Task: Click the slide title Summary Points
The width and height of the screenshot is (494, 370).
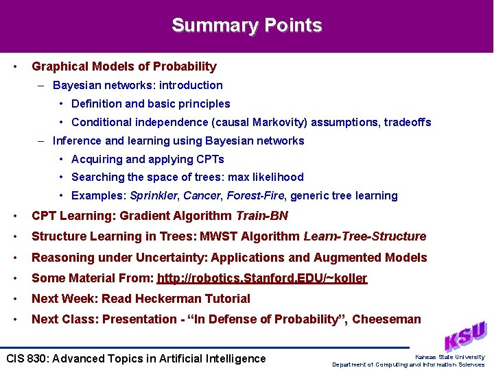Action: point(246,25)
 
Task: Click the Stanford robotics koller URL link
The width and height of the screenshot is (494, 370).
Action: point(262,278)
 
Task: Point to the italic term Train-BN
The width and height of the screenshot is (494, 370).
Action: point(261,216)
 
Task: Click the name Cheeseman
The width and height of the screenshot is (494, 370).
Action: point(387,319)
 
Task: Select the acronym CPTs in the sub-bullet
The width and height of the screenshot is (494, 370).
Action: point(210,159)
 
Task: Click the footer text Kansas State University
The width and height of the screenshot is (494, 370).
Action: point(449,357)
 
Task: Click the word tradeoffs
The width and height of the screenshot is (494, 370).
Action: point(408,122)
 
